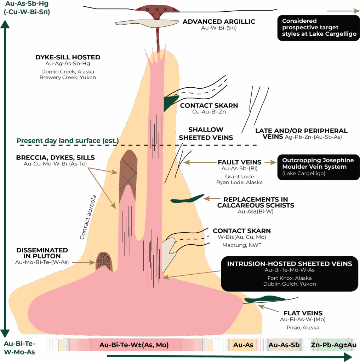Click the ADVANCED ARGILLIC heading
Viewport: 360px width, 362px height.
click(x=219, y=22)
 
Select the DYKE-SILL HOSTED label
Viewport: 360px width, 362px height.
click(x=68, y=57)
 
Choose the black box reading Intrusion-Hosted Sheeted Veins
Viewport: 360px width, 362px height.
click(x=290, y=274)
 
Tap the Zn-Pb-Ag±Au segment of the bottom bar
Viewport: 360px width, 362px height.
click(x=334, y=345)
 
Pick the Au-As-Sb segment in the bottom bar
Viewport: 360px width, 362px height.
click(x=284, y=345)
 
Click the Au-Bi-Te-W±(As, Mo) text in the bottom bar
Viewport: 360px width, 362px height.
click(x=134, y=345)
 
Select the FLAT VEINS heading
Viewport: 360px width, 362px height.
click(x=303, y=313)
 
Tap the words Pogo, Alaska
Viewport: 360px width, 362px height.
click(x=303, y=328)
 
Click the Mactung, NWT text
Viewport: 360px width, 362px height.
click(x=242, y=245)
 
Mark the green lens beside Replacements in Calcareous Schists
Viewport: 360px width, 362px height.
click(x=187, y=199)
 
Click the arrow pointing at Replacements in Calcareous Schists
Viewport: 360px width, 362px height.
click(x=211, y=199)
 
